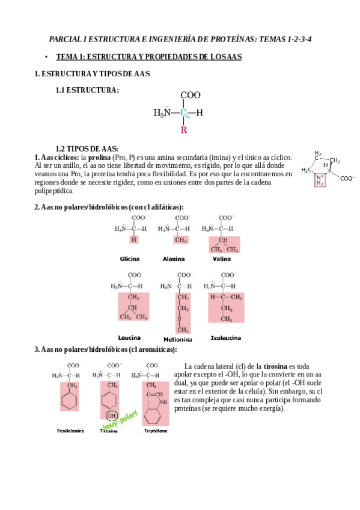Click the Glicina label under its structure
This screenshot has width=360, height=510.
(129, 259)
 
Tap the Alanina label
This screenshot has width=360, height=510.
(174, 259)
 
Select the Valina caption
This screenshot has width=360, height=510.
(221, 259)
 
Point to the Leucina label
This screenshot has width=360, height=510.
(129, 337)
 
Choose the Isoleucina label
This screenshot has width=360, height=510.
(225, 337)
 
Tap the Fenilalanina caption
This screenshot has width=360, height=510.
(70, 431)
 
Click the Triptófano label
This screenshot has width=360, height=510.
(155, 431)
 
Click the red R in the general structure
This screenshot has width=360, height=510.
(184, 129)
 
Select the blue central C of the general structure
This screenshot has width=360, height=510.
(184, 112)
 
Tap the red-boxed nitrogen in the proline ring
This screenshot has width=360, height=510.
(319, 180)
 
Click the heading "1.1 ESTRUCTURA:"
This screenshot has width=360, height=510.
(87, 90)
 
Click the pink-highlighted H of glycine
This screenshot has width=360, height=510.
(134, 239)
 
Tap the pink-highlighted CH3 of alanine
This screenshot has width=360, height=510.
(178, 239)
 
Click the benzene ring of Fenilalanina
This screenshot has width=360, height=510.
(73, 402)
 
